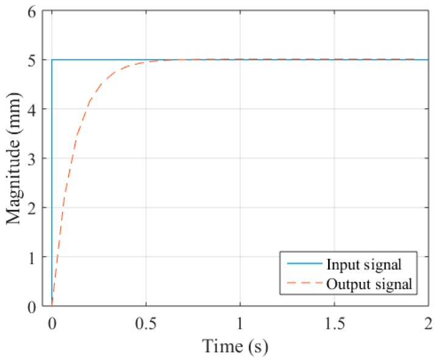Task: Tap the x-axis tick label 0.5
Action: pyautogui.click(x=146, y=322)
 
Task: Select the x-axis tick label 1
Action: pyautogui.click(x=240, y=322)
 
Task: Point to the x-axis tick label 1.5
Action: pyautogui.click(x=334, y=322)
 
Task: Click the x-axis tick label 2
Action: pyautogui.click(x=428, y=322)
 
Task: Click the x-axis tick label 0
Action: pyautogui.click(x=52, y=322)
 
